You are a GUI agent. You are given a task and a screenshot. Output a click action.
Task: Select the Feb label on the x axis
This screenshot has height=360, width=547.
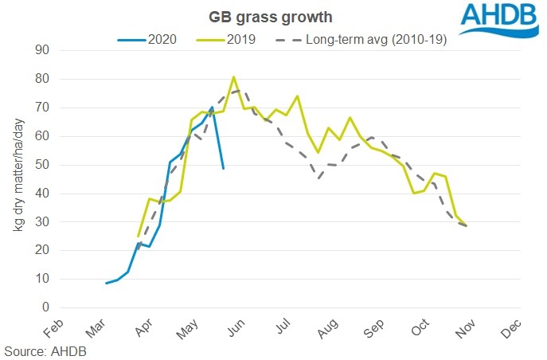[51, 327]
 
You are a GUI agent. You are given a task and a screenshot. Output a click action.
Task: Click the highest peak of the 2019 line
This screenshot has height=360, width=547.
[233, 77]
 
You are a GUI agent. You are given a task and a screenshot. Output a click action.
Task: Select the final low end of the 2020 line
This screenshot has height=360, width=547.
[223, 168]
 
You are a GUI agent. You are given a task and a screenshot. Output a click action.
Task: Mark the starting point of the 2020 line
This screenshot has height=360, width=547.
[107, 283]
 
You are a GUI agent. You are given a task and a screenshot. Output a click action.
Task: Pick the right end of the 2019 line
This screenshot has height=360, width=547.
[467, 225]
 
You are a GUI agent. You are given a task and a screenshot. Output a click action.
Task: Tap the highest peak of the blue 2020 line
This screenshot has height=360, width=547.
[213, 107]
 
